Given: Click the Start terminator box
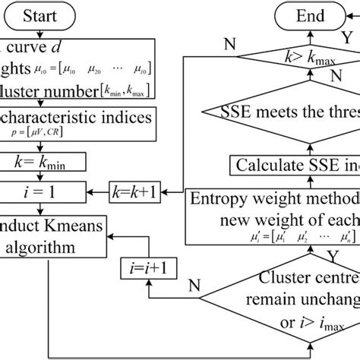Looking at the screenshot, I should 52,14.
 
